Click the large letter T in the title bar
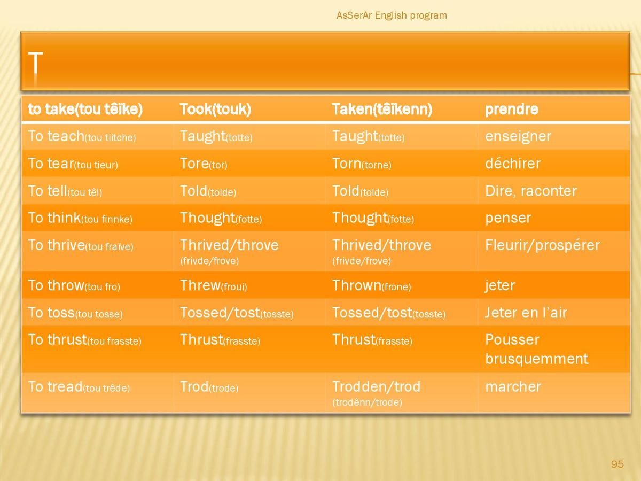click(x=36, y=63)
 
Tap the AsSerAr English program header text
click(x=392, y=15)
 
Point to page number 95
click(x=617, y=464)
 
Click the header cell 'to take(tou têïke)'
click(x=85, y=109)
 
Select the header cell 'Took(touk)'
click(x=215, y=109)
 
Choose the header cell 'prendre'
click(x=512, y=110)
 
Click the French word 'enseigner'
click(x=518, y=136)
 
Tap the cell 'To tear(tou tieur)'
click(x=73, y=164)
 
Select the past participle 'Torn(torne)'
click(x=362, y=164)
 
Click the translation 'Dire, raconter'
click(x=531, y=191)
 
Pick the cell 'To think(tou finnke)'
click(x=80, y=218)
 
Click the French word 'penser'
click(x=508, y=219)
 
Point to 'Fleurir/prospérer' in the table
click(x=542, y=246)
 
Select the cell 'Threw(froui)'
click(x=214, y=285)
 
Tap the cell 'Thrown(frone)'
click(x=372, y=285)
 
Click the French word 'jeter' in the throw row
click(x=499, y=285)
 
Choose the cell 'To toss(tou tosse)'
click(x=75, y=313)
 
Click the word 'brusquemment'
click(x=536, y=359)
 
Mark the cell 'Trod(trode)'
click(x=209, y=386)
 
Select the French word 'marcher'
click(x=513, y=386)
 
